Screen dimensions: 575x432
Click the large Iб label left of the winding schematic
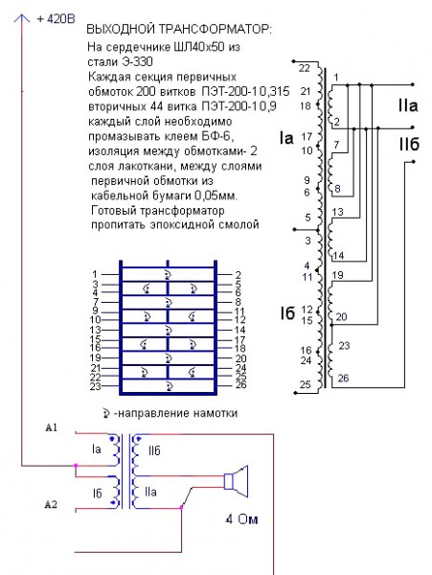click(x=286, y=312)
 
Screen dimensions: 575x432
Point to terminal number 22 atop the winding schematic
click(x=304, y=68)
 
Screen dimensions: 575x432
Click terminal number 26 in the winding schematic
click(x=343, y=379)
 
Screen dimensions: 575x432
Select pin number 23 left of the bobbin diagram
click(x=94, y=386)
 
